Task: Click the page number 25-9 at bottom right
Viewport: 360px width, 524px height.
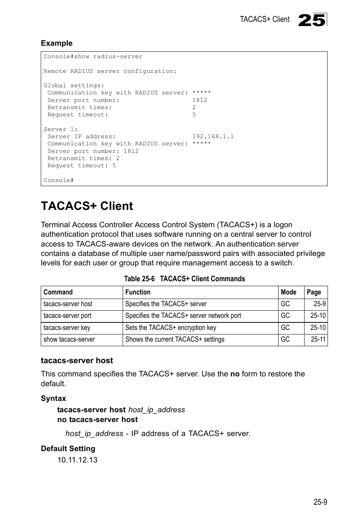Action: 320,502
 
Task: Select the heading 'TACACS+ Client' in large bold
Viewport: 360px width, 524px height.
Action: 87,206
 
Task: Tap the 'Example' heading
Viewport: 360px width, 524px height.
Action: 57,43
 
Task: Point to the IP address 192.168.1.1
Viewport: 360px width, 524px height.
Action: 213,136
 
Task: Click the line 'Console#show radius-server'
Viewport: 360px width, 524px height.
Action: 93,57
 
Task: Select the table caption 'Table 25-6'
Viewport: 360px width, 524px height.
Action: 139,279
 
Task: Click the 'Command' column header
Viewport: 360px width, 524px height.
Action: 58,292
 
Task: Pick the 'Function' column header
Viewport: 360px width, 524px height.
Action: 138,292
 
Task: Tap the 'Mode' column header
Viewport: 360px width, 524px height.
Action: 288,292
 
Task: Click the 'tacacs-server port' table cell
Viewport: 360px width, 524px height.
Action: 67,316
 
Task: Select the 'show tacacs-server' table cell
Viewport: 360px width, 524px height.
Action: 69,339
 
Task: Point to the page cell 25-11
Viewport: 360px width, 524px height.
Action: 318,339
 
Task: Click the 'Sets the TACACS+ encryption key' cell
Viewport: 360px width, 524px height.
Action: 171,328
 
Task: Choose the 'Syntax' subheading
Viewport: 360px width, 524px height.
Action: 53,398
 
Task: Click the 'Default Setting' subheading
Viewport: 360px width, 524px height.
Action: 68,448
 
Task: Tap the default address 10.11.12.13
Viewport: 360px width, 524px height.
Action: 77,460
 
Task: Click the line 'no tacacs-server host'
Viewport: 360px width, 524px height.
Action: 97,419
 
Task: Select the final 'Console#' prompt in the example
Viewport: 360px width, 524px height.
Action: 58,180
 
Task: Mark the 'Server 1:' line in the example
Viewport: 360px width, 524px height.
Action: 60,129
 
